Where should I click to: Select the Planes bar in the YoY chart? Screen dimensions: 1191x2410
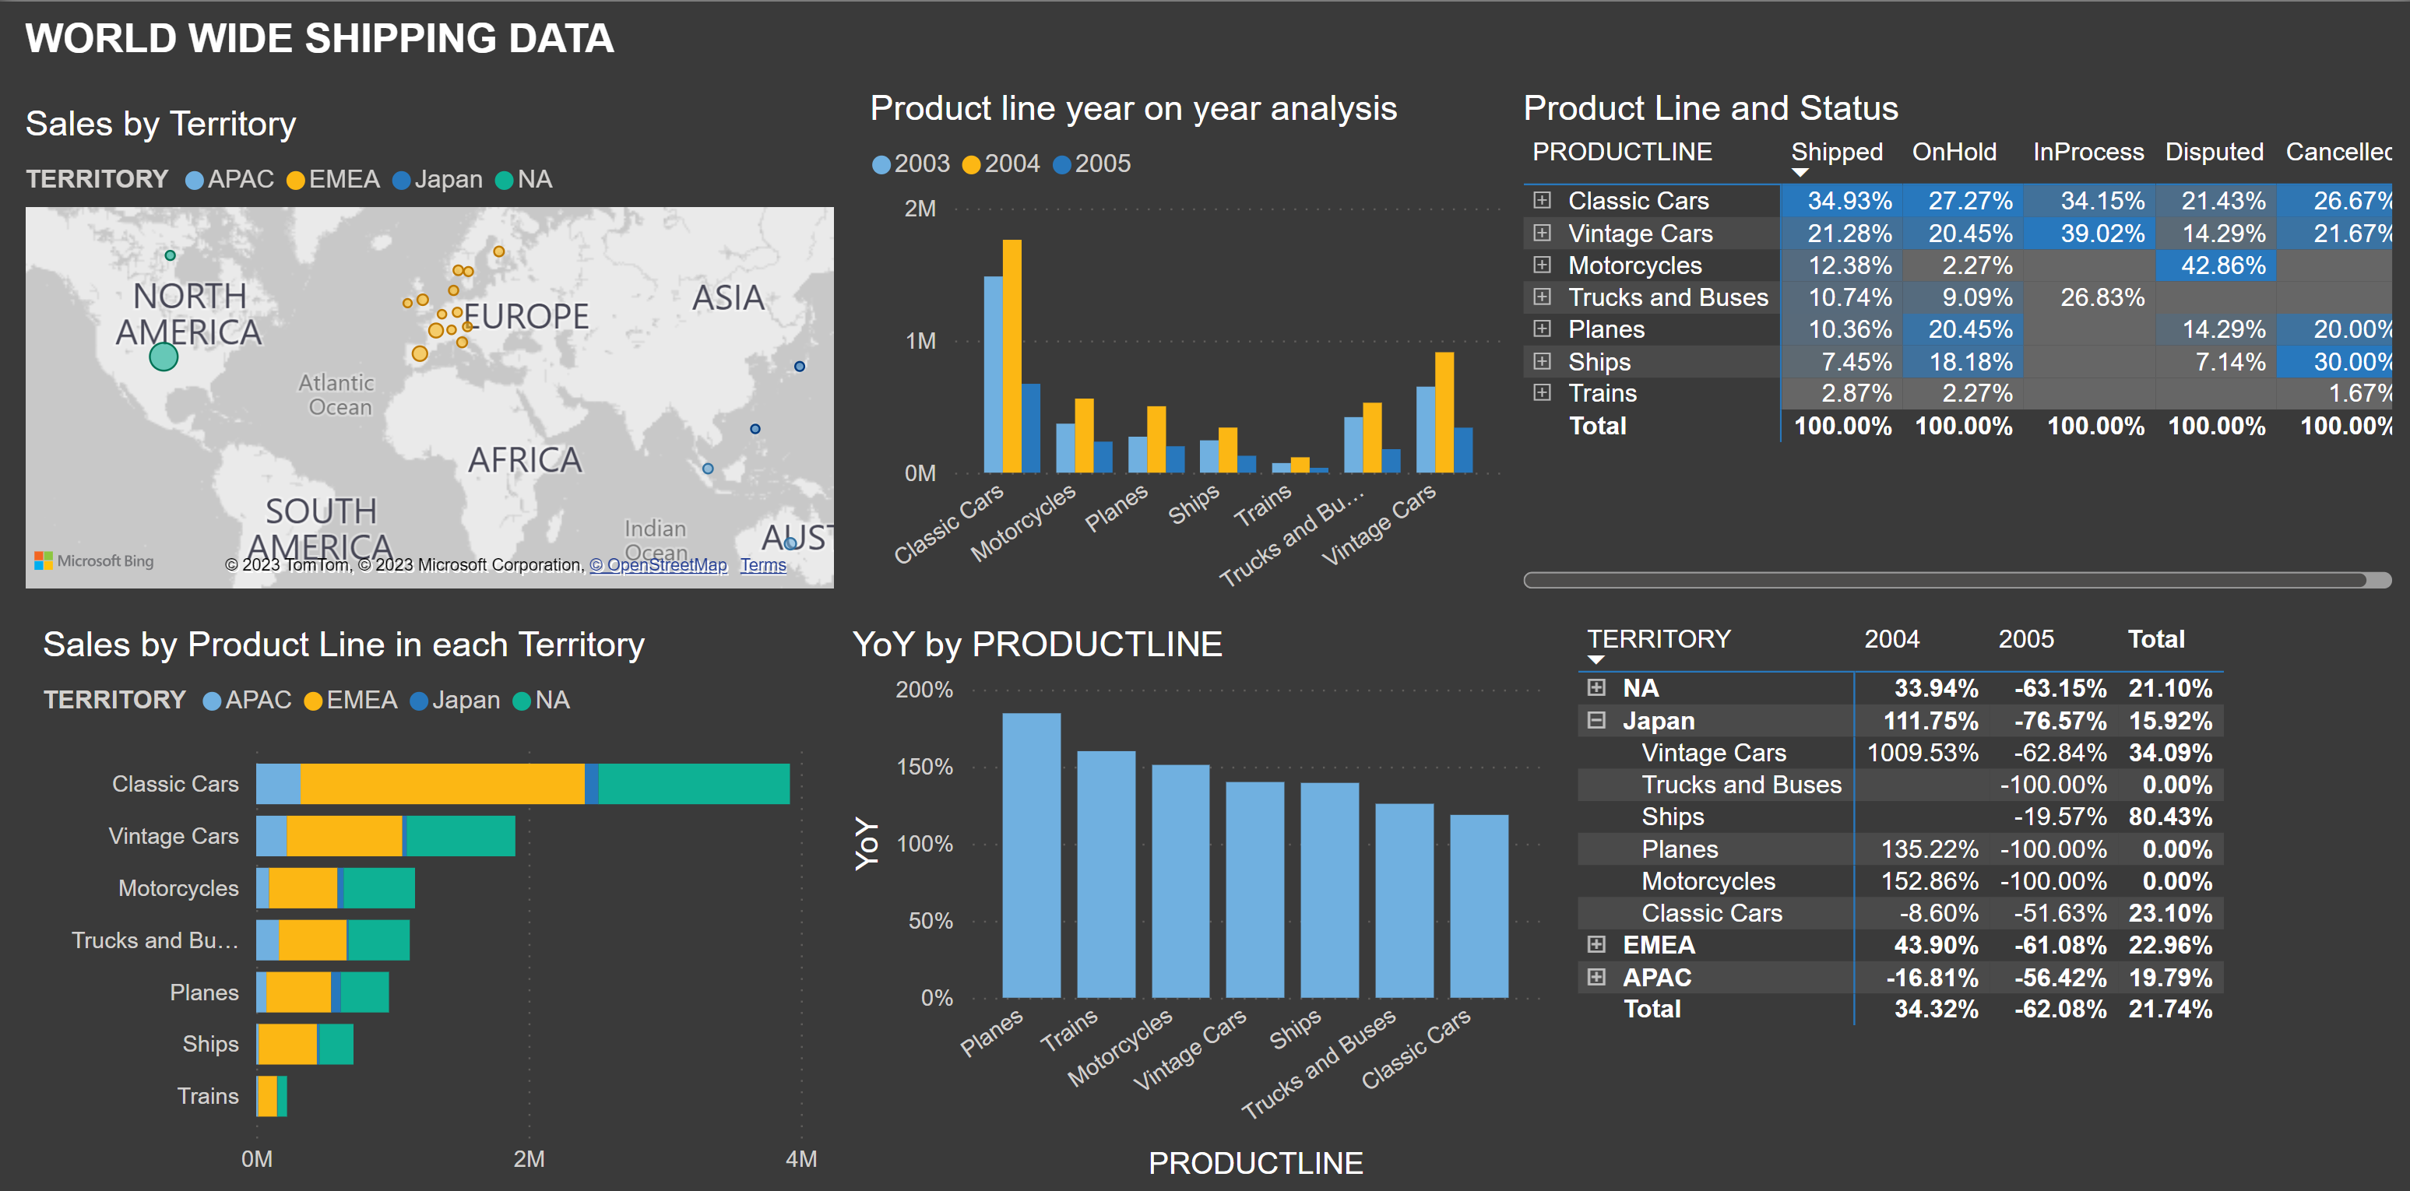tap(1031, 855)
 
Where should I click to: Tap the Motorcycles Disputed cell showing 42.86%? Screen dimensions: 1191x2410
tap(2222, 265)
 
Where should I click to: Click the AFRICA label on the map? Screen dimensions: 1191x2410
tap(524, 460)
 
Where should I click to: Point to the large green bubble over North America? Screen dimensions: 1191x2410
tap(164, 357)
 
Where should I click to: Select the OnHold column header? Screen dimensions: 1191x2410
tap(1954, 153)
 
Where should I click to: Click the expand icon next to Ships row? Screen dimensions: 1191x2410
tap(1542, 361)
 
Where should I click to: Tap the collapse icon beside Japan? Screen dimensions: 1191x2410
tap(1596, 720)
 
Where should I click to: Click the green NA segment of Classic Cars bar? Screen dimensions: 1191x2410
tap(693, 784)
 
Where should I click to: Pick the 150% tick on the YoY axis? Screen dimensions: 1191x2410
tap(924, 768)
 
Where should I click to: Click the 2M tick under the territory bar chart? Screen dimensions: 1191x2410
tap(529, 1159)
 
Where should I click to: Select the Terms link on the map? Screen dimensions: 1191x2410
tap(762, 565)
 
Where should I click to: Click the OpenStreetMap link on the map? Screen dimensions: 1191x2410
tap(658, 565)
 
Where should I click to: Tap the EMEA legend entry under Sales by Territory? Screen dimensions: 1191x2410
tap(334, 180)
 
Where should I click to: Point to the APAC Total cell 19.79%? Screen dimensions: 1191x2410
tap(2169, 978)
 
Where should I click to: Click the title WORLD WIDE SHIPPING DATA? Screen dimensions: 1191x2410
tap(319, 38)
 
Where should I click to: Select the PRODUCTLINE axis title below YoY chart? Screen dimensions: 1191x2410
tap(1254, 1163)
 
